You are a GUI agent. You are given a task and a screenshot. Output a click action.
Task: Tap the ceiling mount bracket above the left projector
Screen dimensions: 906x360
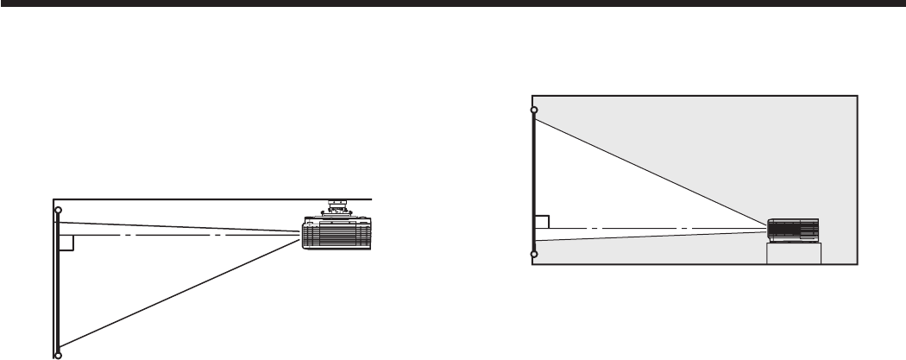(337, 208)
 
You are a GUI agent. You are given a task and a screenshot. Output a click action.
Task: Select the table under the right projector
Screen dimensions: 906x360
(794, 253)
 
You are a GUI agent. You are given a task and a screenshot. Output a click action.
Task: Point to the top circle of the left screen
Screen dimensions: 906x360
(58, 211)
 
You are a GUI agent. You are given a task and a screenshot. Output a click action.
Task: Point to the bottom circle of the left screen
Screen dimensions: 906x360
(58, 354)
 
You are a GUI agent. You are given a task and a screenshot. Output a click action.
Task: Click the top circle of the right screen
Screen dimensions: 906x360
(534, 111)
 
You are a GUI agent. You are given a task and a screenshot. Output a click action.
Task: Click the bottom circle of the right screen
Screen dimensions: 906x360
(534, 255)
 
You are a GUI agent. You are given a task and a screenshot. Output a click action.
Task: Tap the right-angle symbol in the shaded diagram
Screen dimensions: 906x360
(542, 222)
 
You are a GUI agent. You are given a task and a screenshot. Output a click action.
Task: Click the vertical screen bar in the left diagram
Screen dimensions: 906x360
(58, 285)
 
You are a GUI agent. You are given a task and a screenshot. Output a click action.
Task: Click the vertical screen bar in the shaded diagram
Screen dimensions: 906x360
(534, 181)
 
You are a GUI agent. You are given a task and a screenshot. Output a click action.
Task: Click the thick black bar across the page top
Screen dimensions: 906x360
(453, 4)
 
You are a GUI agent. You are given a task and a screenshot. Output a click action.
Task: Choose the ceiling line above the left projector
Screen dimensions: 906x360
(216, 199)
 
